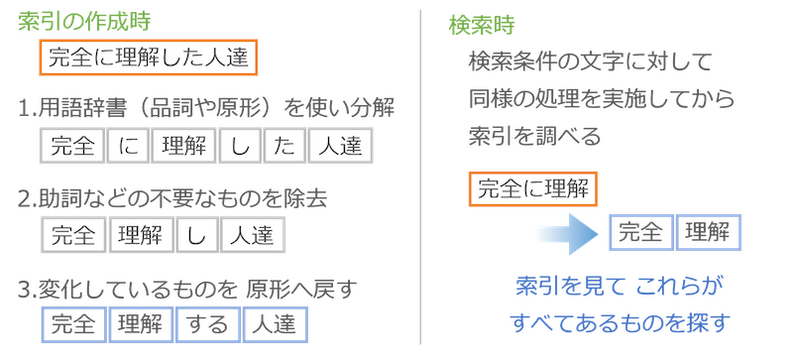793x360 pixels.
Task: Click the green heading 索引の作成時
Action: pos(84,21)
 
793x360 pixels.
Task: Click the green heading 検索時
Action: pos(481,25)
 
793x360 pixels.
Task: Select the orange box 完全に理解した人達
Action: pos(149,58)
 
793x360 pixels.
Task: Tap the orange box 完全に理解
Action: pos(533,188)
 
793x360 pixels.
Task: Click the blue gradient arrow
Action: pos(567,233)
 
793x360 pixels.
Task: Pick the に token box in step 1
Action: pos(128,146)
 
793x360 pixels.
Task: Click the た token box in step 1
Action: pos(285,146)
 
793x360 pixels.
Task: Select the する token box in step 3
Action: pos(208,324)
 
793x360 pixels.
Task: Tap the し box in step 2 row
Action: pos(197,235)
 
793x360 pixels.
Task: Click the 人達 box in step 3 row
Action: pos(275,324)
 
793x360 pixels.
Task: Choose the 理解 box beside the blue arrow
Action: pos(708,232)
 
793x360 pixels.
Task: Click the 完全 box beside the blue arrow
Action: pos(640,232)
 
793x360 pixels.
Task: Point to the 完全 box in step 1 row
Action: pos(72,146)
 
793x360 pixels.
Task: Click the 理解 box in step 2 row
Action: pos(141,235)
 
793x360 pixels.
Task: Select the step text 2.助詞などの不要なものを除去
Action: pos(172,199)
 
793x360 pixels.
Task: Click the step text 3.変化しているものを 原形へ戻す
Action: pos(187,289)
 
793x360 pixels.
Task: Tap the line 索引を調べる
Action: pos(534,136)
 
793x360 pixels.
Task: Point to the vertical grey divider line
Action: pos(420,177)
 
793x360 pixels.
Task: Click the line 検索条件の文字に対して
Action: pos(590,62)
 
